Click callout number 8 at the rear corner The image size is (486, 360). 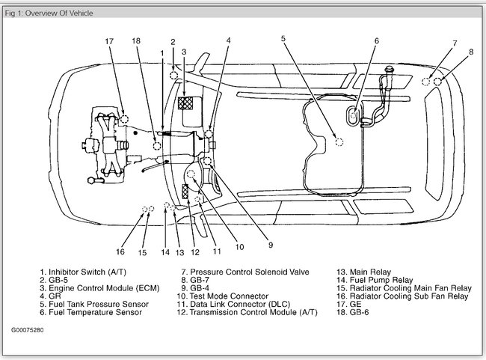(471, 52)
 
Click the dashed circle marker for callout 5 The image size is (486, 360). (339, 140)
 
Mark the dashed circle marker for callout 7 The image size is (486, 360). (425, 81)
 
